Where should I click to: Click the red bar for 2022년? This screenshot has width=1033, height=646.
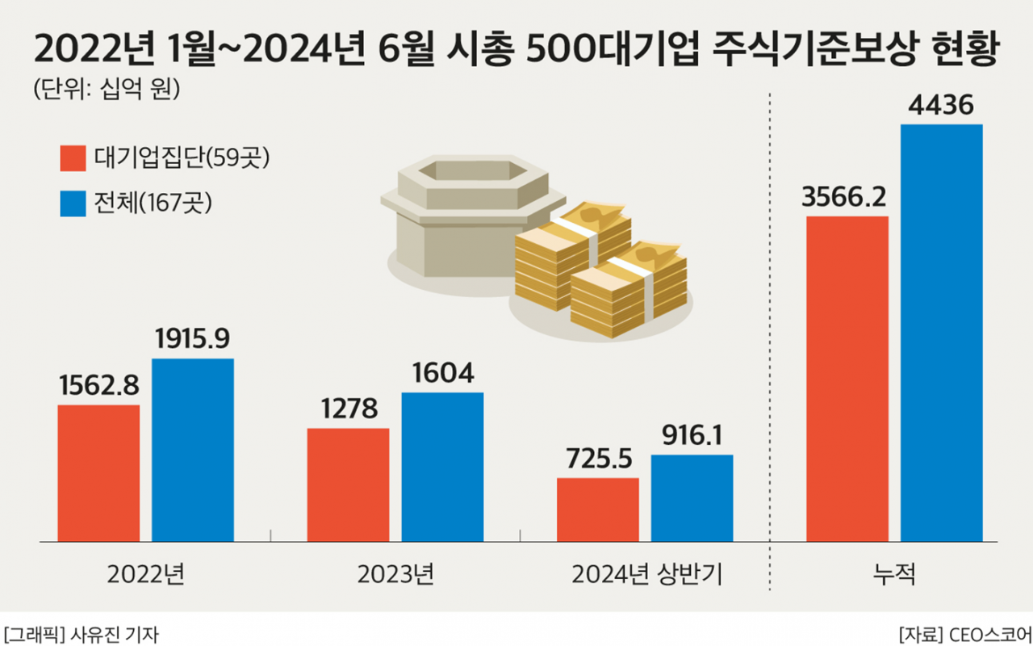point(98,473)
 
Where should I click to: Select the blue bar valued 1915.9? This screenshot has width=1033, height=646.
point(193,450)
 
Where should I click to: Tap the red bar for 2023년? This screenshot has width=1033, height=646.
point(348,484)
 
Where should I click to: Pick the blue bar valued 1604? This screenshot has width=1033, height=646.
point(442,467)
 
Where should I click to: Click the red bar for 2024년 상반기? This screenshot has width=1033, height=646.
point(598,510)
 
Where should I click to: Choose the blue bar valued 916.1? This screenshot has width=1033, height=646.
point(692,497)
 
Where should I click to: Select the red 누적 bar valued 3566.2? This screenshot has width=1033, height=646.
point(847,379)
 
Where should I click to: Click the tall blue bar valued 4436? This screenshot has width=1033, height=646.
point(942,333)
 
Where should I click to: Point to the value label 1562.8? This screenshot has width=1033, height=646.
point(98,385)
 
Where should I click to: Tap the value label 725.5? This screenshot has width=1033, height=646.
point(598,459)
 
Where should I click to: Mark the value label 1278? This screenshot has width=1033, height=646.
point(348,409)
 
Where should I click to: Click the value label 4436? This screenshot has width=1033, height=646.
point(942,105)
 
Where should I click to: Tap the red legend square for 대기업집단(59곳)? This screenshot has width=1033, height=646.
point(73,158)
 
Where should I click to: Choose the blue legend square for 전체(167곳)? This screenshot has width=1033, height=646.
point(73,203)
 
